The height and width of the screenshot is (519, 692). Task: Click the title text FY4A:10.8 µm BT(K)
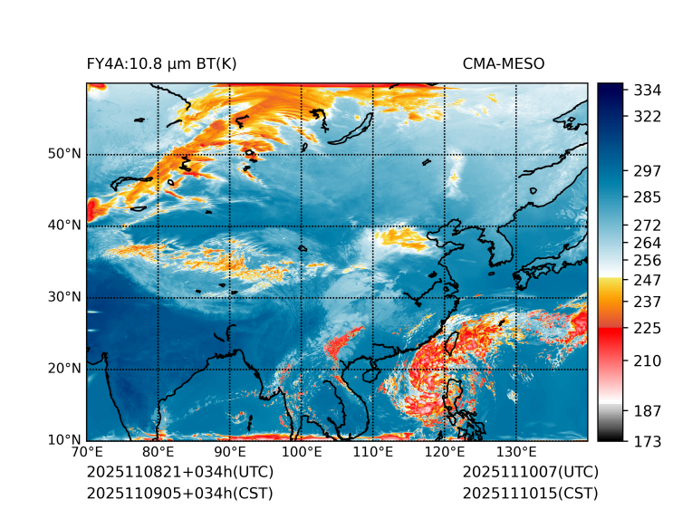(161, 63)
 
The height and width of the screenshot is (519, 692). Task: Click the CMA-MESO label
(504, 63)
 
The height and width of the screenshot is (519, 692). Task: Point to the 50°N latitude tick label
(64, 153)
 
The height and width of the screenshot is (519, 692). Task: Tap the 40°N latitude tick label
(64, 225)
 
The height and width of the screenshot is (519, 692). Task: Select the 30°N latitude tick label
(64, 296)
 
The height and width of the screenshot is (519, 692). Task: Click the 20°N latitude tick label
(64, 368)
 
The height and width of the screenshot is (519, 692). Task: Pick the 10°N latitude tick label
(64, 439)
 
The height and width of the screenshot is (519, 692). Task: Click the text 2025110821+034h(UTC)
(180, 473)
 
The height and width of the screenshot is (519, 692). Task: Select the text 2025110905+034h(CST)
(179, 493)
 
